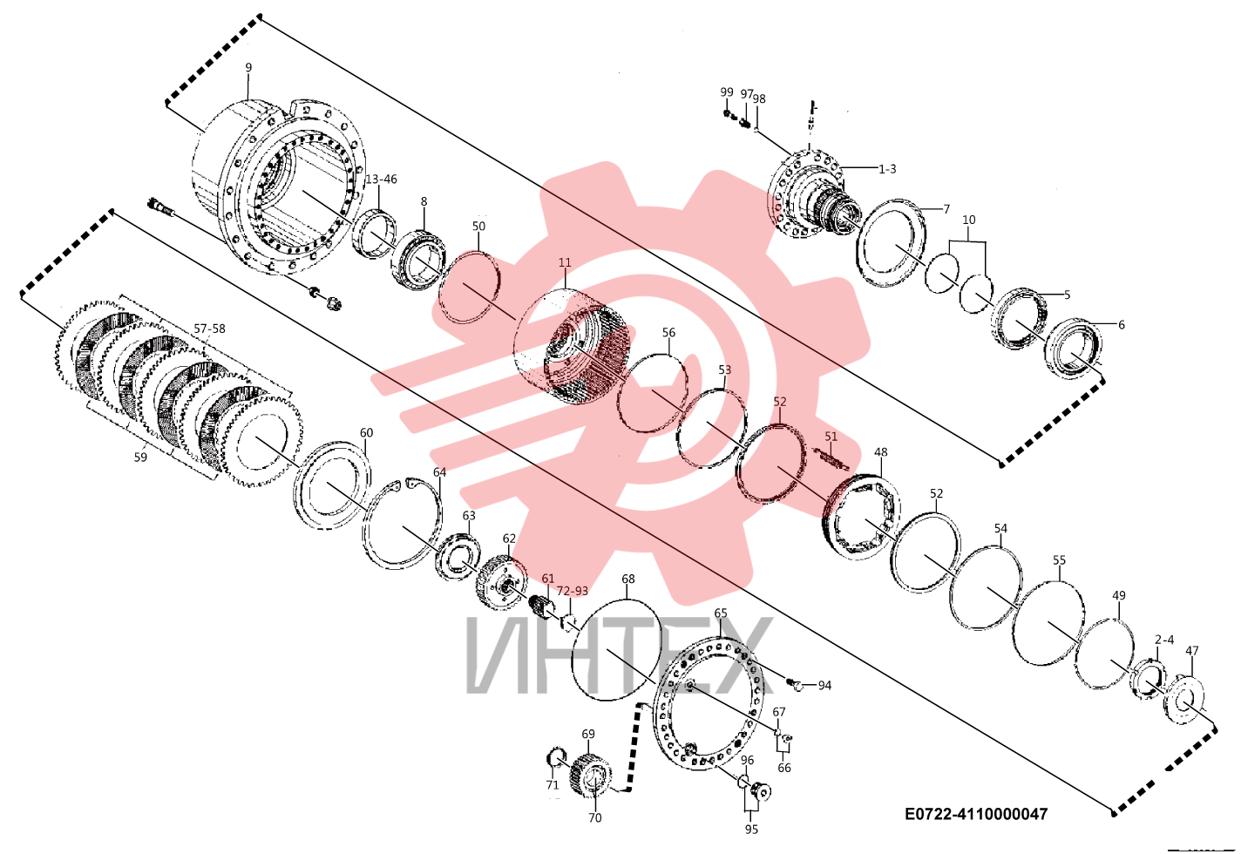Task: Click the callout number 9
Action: [248, 68]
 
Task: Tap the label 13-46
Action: [381, 180]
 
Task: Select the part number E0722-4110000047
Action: [976, 814]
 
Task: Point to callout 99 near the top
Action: [727, 91]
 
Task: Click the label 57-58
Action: [209, 329]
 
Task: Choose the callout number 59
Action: [140, 457]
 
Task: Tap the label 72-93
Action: [573, 592]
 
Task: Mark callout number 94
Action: [825, 686]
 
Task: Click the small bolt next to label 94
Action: [797, 685]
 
